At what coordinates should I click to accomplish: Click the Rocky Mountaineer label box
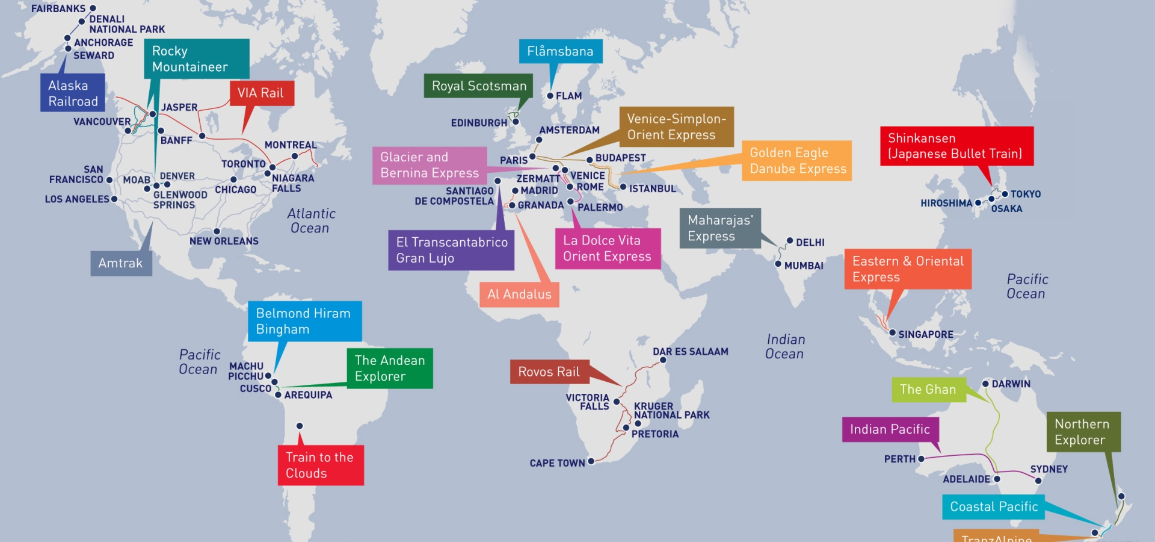click(196, 59)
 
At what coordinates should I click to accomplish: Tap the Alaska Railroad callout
click(73, 93)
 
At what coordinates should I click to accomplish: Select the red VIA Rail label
click(261, 93)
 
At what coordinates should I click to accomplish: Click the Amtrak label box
click(121, 263)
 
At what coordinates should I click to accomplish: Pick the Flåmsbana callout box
click(560, 52)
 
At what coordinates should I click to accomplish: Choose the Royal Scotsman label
click(479, 86)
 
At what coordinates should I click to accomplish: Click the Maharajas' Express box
click(720, 228)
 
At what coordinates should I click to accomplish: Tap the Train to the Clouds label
click(321, 465)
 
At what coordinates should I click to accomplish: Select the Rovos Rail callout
click(549, 372)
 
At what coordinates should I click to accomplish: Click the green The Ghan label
click(928, 390)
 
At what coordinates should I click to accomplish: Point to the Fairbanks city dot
click(93, 8)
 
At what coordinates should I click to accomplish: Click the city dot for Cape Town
click(591, 461)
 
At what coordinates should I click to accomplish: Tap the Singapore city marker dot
click(893, 333)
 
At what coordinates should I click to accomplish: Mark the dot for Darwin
click(985, 384)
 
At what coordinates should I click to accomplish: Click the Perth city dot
click(921, 459)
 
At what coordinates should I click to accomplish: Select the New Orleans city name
click(224, 241)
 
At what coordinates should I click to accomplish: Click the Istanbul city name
click(653, 188)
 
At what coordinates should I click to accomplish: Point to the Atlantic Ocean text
click(310, 221)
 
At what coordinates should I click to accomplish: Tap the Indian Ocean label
click(785, 347)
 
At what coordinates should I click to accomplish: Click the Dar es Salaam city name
click(691, 352)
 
